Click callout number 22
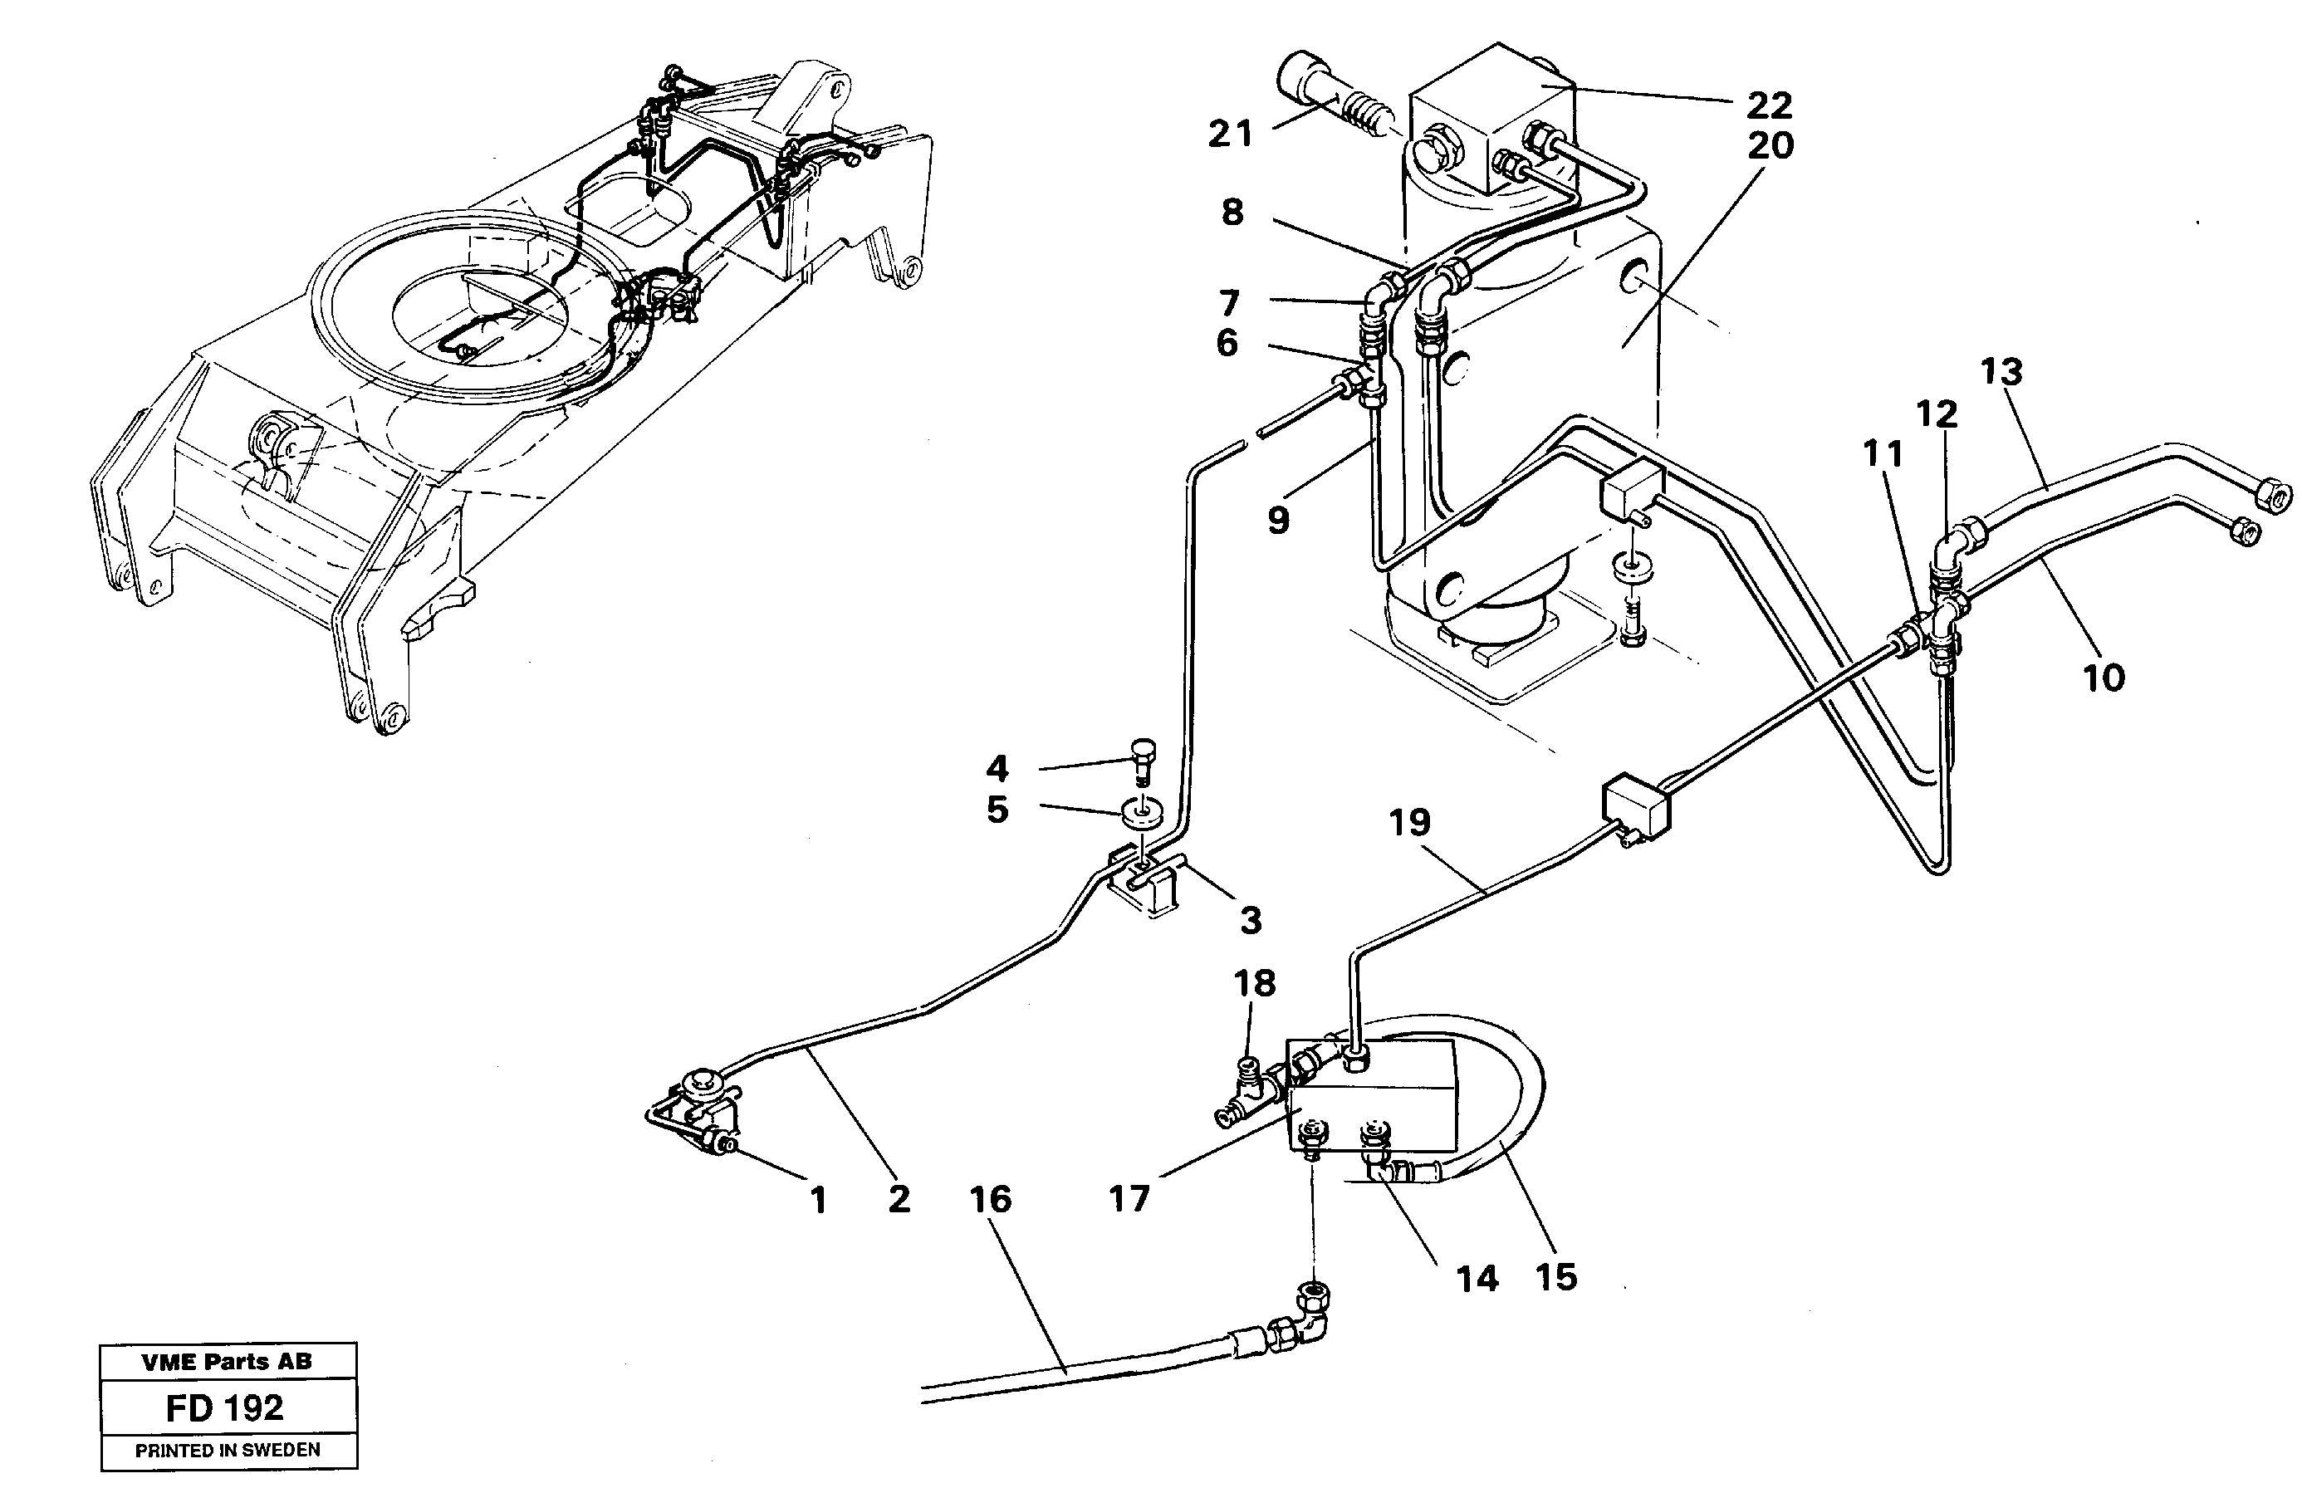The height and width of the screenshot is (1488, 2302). click(x=1769, y=105)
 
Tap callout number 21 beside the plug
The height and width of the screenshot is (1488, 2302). click(x=1229, y=135)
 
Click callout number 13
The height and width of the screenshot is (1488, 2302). click(x=2001, y=371)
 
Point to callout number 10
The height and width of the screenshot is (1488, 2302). click(x=2103, y=678)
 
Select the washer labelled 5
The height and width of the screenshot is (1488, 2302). click(x=1140, y=815)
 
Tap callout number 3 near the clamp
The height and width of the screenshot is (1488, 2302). click(x=1251, y=920)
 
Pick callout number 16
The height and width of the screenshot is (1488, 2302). click(x=990, y=1199)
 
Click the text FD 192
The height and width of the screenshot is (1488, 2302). click(x=224, y=1407)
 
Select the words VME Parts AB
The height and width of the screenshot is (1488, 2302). click(x=226, y=1362)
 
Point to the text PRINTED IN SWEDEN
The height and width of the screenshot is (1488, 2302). click(x=227, y=1451)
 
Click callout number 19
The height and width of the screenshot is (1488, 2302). click(x=1409, y=822)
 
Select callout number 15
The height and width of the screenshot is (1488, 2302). click(x=1556, y=1276)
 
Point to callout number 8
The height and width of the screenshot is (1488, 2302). click(x=1232, y=212)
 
